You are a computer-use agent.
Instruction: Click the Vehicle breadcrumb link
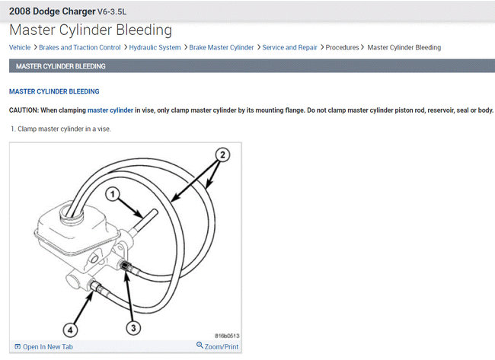click(20, 47)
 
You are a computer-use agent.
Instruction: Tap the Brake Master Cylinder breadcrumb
click(222, 47)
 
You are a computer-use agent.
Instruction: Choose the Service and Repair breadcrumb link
click(289, 47)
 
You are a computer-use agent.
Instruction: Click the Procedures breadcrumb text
click(342, 47)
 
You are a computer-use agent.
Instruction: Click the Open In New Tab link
click(47, 346)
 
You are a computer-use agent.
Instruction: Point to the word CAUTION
click(24, 110)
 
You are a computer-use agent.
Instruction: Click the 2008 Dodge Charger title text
click(58, 11)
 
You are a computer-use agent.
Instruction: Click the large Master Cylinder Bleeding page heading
click(90, 30)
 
